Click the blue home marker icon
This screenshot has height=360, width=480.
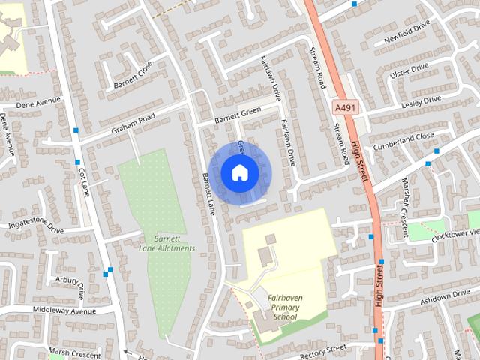(239, 172)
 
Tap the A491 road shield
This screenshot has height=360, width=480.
(346, 109)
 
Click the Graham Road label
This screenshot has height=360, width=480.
(133, 123)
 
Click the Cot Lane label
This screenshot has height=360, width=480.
(84, 182)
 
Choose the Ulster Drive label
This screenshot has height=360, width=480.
(409, 72)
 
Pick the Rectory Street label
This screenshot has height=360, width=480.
(322, 349)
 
